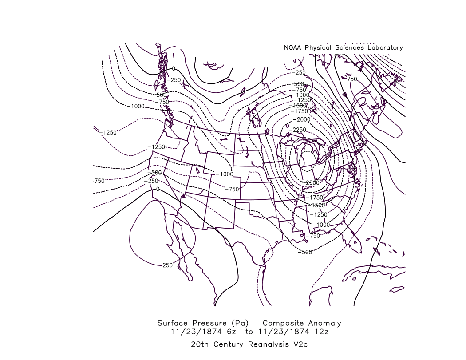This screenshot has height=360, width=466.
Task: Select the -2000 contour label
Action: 304,120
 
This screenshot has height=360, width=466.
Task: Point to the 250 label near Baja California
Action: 167,265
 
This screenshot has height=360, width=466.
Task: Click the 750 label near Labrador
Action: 351,79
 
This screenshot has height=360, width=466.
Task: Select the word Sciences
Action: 346,47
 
